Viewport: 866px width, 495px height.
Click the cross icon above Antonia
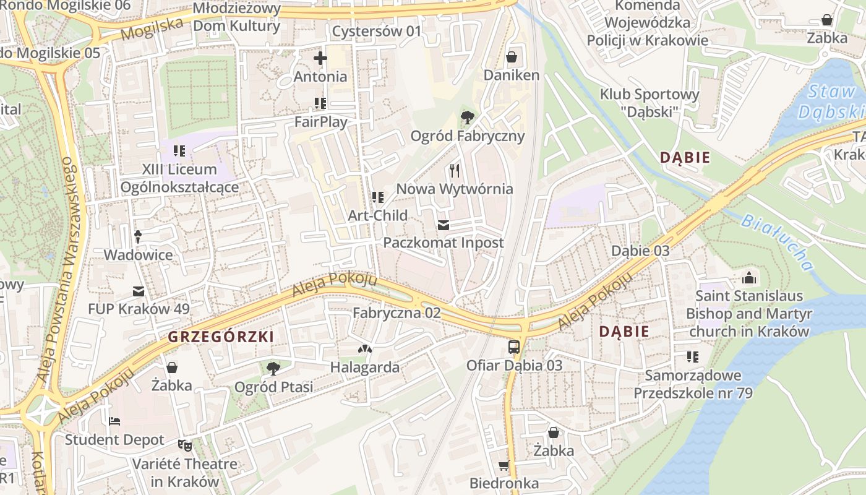[x=320, y=59]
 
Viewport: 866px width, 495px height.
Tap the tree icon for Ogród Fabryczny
[x=468, y=117]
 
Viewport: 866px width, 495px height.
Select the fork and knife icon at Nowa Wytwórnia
[x=455, y=170]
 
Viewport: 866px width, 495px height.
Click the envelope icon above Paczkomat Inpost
[x=444, y=225]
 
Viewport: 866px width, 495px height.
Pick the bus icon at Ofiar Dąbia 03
[x=514, y=346]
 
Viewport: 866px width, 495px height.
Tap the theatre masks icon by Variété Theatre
[x=184, y=445]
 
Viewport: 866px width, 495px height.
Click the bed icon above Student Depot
[x=114, y=421]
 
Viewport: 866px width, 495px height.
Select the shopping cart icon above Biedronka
[x=504, y=465]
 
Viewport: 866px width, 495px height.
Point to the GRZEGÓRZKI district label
[x=221, y=337]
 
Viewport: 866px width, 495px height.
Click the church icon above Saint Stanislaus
[x=749, y=278]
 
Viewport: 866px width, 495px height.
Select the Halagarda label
[x=364, y=367]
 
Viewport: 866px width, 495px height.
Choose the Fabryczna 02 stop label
[x=397, y=313]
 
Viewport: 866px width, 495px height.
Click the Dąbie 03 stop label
[x=640, y=251]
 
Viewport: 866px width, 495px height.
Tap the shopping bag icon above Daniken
[x=512, y=58]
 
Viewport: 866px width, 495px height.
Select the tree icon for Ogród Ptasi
[x=272, y=369]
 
